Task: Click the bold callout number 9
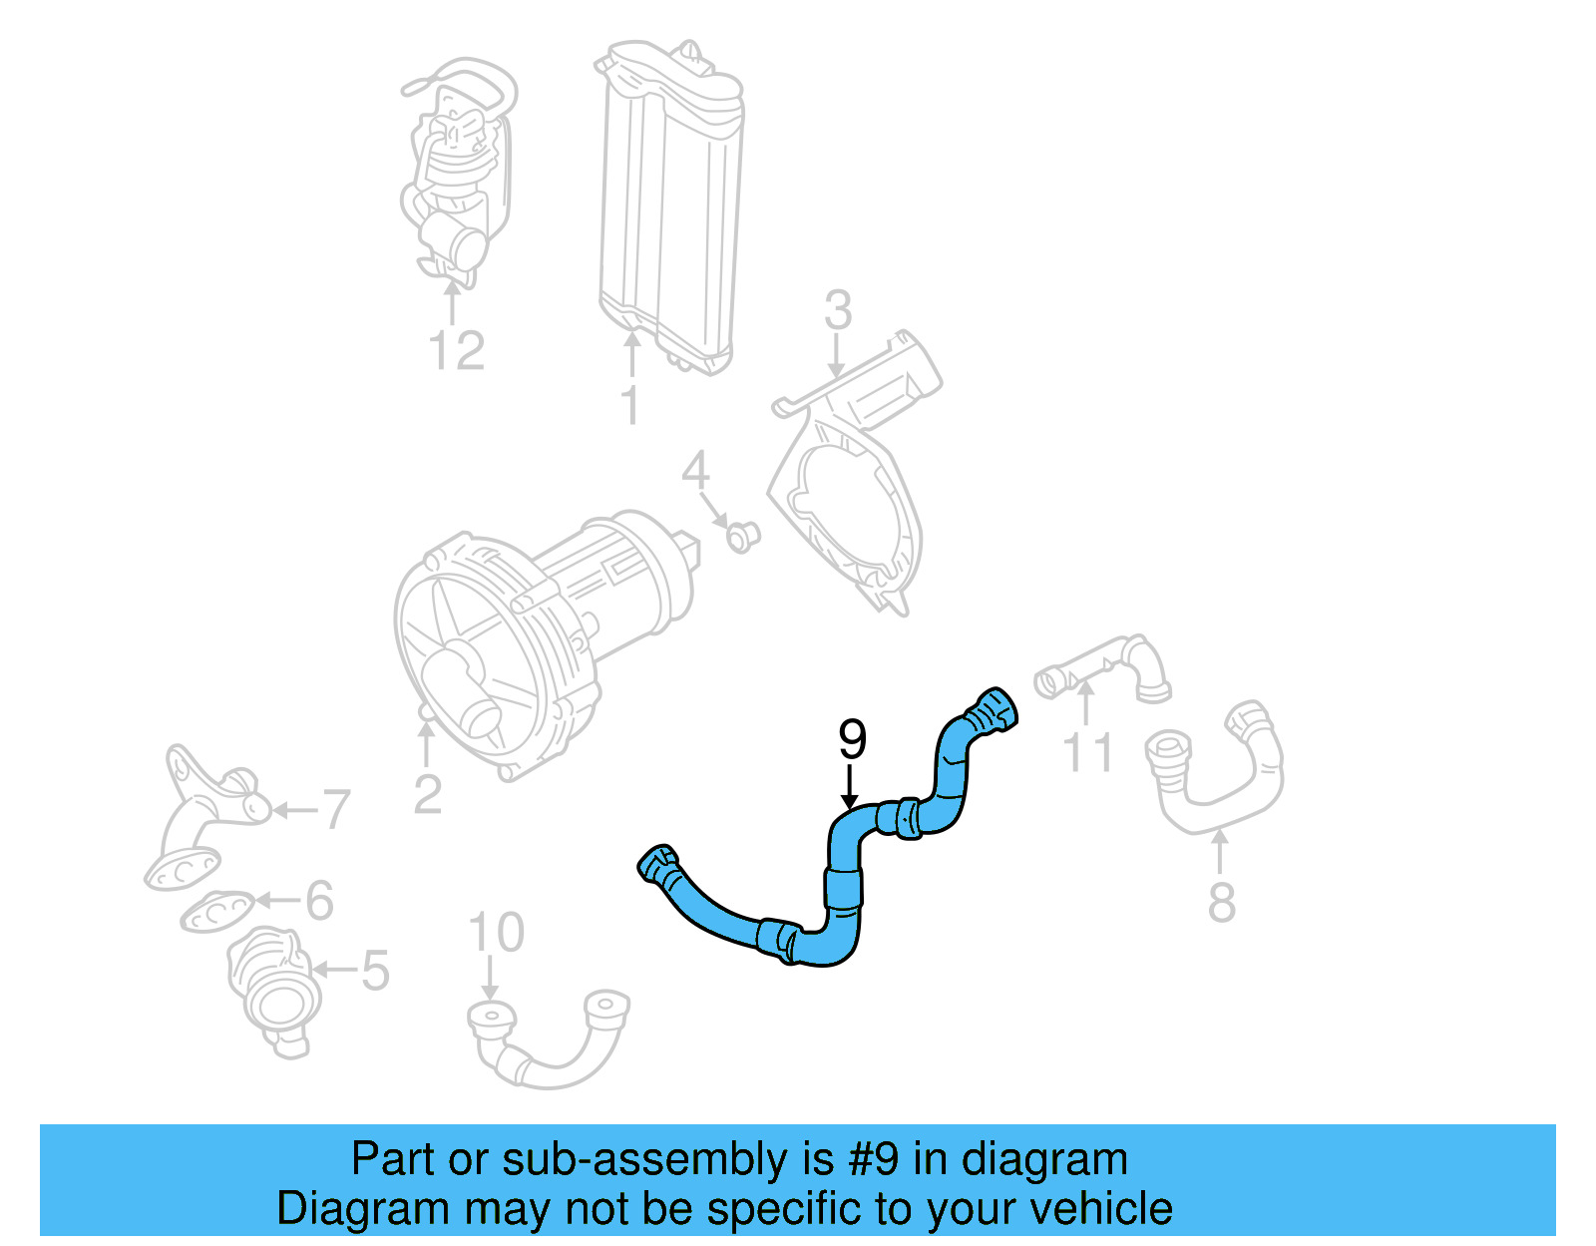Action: coord(852,740)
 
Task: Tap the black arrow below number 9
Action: coord(849,788)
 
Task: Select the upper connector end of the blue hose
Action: coord(993,710)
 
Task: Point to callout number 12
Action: coord(456,350)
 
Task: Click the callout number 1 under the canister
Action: coord(629,405)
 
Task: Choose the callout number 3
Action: coord(838,310)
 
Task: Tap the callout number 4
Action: coord(695,471)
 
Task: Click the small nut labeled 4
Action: coord(740,537)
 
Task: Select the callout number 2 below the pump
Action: coord(427,794)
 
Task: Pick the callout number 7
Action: coord(336,809)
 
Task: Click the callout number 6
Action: coord(319,900)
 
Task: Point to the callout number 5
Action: coord(374,970)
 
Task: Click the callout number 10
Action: coord(496,933)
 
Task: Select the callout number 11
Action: coord(1087,752)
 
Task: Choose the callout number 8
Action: coord(1221,902)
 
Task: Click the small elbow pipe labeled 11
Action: coord(1102,668)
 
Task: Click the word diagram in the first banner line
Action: coord(1044,1159)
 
